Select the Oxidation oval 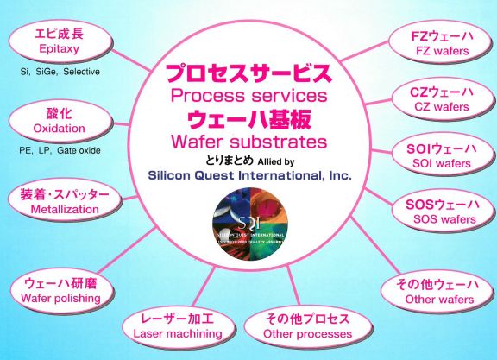tap(56, 122)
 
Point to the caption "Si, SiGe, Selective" tap(59, 71)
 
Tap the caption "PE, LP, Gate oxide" tap(58, 150)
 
